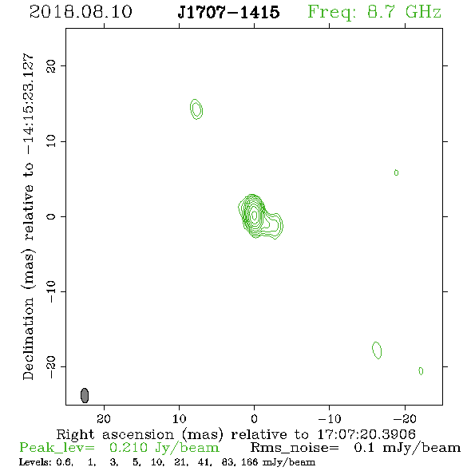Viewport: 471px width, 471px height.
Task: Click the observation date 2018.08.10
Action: coord(81,12)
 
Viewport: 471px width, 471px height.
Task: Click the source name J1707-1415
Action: coord(228,12)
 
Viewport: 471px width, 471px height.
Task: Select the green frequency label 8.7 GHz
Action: coord(404,12)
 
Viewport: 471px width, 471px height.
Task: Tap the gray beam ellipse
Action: coord(85,395)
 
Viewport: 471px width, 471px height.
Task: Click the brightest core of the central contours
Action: coord(255,215)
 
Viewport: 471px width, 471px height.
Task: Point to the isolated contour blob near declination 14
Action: coord(196,109)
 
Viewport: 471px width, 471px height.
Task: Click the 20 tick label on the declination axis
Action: coord(51,66)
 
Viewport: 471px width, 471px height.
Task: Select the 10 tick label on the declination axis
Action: coord(51,141)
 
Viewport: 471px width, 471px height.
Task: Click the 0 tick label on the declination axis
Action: coord(51,216)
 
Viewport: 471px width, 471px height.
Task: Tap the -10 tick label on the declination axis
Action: coord(51,291)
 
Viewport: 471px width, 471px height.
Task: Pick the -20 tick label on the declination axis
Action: coord(51,366)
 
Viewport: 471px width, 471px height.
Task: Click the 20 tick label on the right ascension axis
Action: coord(104,419)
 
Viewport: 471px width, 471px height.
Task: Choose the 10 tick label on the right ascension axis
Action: coord(180,419)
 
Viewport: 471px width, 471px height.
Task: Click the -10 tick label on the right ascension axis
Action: coord(330,419)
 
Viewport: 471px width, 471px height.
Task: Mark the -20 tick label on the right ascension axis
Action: coord(405,419)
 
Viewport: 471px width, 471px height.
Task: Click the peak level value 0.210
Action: coord(129,448)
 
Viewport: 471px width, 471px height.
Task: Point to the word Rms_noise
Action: coord(295,448)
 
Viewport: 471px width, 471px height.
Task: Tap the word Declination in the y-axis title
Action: coord(28,339)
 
